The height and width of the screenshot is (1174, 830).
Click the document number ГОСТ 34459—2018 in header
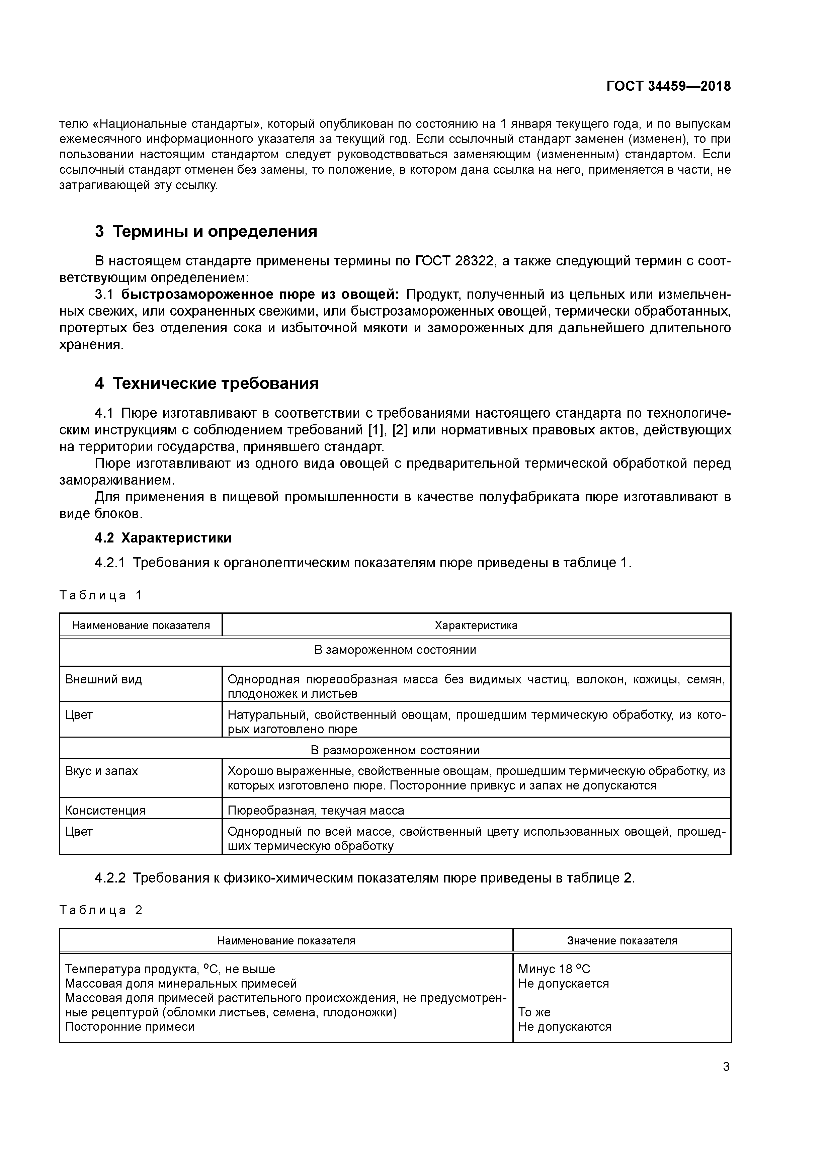[x=668, y=86]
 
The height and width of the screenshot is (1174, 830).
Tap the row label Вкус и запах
[x=102, y=771]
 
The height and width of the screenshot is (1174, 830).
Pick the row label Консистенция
[x=105, y=811]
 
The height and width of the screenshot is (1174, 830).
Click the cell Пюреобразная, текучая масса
[x=316, y=811]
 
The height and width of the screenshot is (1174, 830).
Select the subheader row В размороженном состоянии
[x=395, y=750]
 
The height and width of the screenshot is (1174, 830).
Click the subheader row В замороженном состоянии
[x=395, y=650]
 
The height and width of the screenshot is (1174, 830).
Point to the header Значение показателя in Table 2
[x=622, y=941]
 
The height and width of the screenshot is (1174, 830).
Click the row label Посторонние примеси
[x=130, y=1027]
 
